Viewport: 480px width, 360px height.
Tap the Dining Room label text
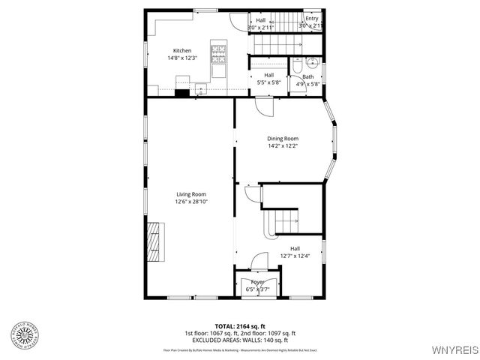pos(283,139)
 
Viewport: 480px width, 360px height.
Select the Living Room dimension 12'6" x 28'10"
pos(190,202)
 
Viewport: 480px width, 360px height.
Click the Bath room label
pos(307,76)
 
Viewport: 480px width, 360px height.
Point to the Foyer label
pos(257,282)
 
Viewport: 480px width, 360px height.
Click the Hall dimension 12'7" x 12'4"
pos(295,256)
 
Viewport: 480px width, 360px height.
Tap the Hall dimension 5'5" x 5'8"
pos(268,82)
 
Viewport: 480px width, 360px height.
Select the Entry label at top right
pos(311,19)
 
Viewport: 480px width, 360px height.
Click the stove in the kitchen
pos(218,52)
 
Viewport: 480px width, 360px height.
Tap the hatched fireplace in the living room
pos(154,242)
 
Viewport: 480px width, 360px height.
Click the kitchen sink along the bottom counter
pos(201,91)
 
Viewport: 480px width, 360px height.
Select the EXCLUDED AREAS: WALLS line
pos(240,340)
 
